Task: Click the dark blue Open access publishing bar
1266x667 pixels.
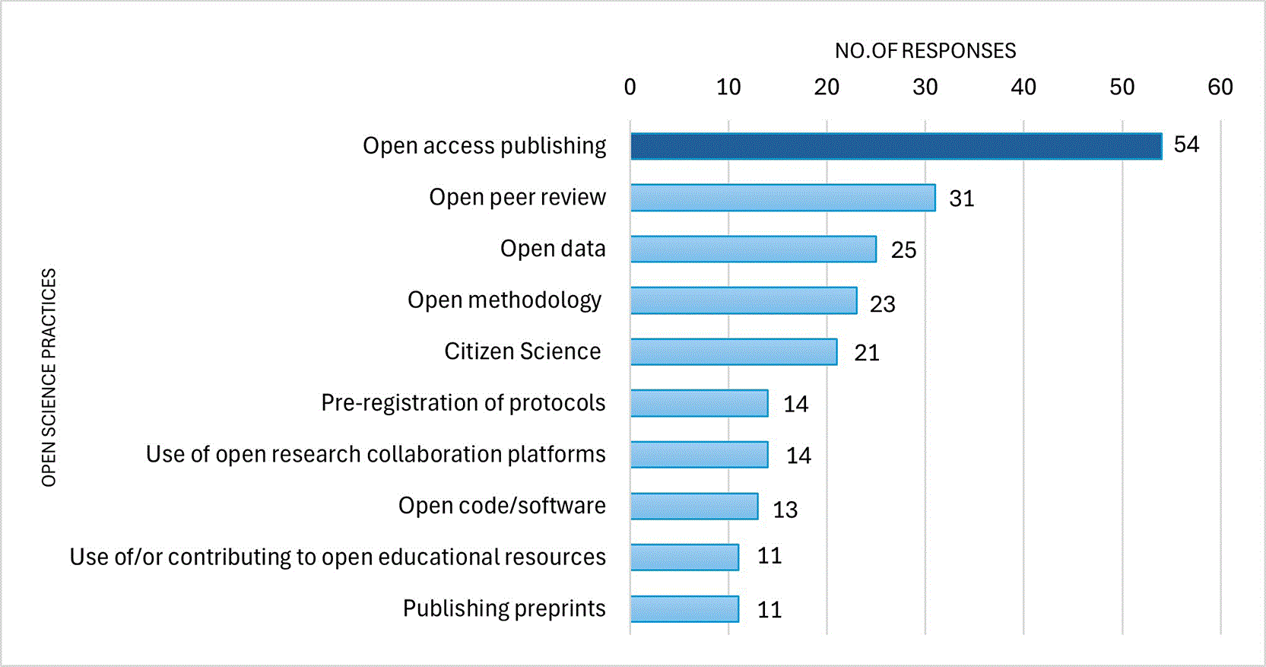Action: tap(896, 146)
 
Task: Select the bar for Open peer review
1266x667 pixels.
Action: tap(783, 198)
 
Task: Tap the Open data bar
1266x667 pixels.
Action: tap(754, 249)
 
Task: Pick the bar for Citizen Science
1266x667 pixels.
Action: tap(735, 352)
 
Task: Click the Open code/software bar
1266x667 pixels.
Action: tap(695, 507)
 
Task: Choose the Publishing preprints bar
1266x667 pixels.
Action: tap(685, 609)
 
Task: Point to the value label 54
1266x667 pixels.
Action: tap(1186, 145)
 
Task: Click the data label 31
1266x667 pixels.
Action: tap(962, 199)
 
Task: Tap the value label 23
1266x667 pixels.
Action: tap(883, 305)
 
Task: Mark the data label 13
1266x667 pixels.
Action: tap(785, 510)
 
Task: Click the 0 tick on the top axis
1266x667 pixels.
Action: tap(630, 87)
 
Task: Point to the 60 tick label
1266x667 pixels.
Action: tap(1221, 87)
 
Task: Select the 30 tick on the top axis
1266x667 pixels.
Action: tap(925, 87)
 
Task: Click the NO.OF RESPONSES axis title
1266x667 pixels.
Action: tap(925, 51)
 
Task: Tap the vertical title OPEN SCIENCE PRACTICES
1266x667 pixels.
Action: tap(49, 377)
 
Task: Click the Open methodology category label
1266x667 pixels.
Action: tap(504, 300)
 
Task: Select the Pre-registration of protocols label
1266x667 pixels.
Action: tap(463, 403)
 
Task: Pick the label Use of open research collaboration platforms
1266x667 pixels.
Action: tap(376, 455)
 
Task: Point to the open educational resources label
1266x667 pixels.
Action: tap(338, 557)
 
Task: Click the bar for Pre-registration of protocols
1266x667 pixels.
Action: tap(700, 404)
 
